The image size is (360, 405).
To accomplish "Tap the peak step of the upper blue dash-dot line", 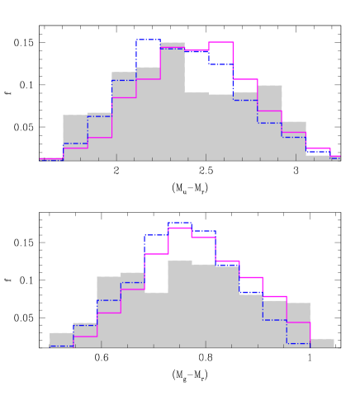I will coord(149,40).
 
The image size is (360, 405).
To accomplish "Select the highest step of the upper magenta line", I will coord(220,42).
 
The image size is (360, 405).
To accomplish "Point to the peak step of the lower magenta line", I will coord(180,228).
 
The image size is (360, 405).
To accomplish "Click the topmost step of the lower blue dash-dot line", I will coord(180,223).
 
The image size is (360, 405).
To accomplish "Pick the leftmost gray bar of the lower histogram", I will coord(61,340).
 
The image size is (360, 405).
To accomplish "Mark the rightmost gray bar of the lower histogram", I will coord(323,342).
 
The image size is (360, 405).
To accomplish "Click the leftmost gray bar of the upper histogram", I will coord(51,158).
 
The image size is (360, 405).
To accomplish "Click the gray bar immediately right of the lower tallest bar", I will coord(203,305).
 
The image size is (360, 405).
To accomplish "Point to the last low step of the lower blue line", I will coord(298,343).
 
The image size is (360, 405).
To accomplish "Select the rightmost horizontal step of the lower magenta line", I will coord(298,323).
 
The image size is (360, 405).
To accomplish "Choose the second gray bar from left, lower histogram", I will coord(85,335).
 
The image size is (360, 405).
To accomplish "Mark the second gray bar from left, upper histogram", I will coord(75,137).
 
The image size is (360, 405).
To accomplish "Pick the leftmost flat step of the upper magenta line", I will coord(51,158).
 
